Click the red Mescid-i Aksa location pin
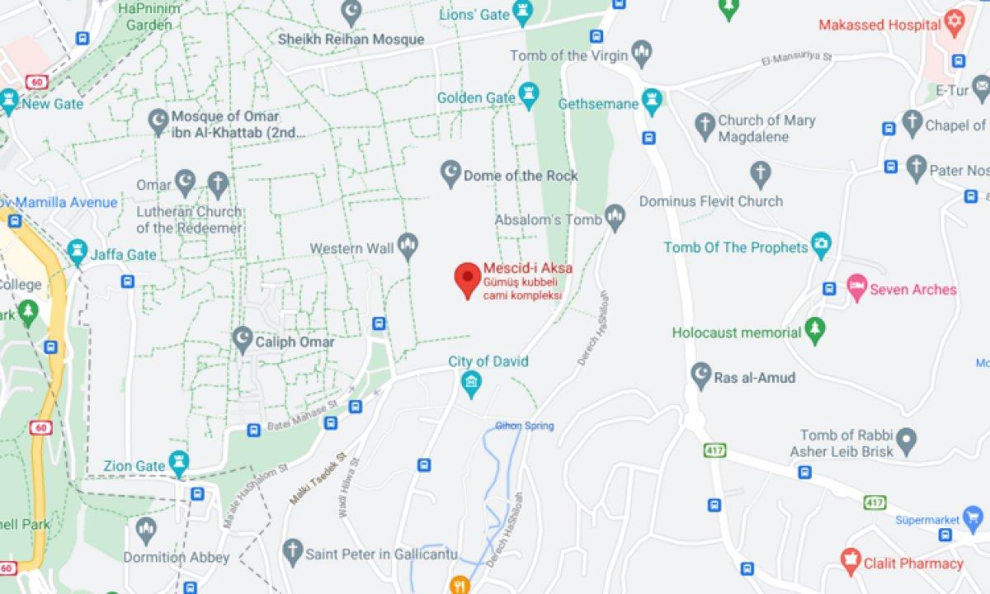click(x=468, y=278)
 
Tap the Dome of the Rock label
click(x=520, y=176)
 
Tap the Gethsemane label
click(x=599, y=104)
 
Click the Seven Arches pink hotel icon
click(x=856, y=289)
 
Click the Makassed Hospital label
click(x=879, y=25)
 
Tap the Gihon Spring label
click(x=525, y=426)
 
